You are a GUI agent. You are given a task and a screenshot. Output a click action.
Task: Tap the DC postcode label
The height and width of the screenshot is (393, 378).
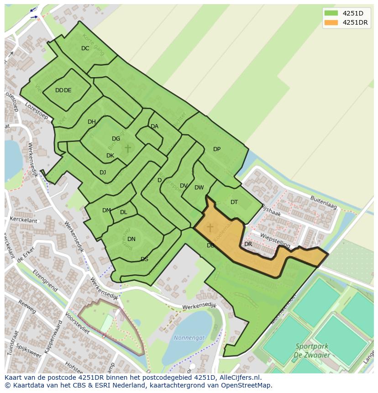(85, 48)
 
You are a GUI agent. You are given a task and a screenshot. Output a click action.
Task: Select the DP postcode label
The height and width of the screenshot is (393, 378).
(217, 149)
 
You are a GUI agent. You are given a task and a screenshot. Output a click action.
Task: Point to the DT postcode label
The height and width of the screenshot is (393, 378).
(234, 202)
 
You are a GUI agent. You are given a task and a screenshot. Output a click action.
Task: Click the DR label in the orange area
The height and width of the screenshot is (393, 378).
(248, 244)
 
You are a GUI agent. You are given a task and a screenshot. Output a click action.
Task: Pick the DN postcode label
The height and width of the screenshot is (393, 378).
(131, 239)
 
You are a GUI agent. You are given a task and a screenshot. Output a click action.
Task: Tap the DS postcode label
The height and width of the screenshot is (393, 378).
(144, 259)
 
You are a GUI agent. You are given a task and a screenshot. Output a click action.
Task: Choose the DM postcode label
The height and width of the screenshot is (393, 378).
(106, 210)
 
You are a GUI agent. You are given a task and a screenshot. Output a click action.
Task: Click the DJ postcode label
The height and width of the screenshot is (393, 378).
(103, 173)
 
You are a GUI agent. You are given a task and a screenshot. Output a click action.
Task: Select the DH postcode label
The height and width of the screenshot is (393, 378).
(92, 122)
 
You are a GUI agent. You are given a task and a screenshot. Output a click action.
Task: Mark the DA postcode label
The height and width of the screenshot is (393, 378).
(154, 126)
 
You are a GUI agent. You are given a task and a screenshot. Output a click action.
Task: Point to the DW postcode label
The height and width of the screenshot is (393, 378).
(199, 188)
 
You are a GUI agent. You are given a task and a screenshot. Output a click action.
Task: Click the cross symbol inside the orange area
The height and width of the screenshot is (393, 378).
(210, 227)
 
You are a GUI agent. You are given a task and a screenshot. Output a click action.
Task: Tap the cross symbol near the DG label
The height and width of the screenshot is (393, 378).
(128, 148)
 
